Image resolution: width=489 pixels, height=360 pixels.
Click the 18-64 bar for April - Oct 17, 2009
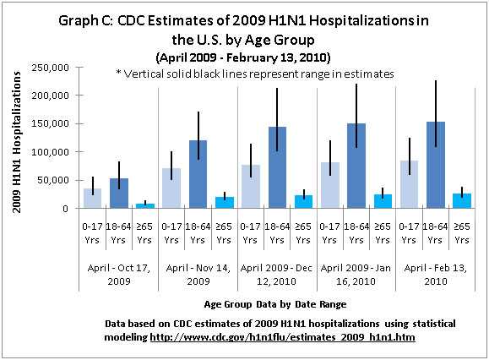click(119, 194)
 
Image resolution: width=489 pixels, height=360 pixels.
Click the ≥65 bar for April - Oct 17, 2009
click(145, 205)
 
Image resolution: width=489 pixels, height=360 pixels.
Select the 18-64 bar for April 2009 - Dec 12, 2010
click(277, 168)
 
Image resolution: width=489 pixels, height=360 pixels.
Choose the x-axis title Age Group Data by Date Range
click(275, 303)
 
